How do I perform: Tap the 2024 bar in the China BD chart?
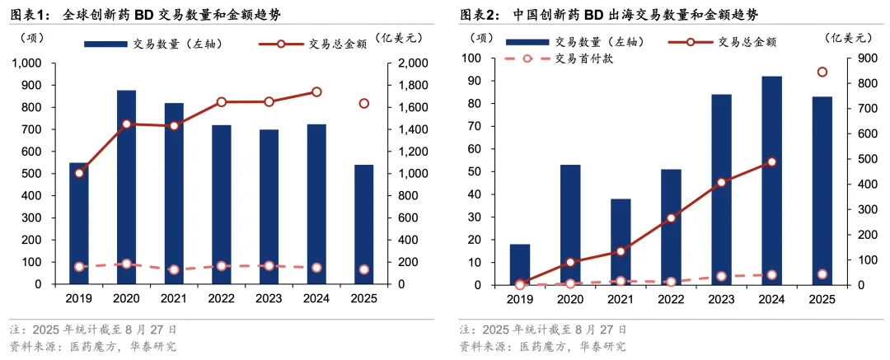pos(771,180)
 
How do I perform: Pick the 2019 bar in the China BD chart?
pos(520,264)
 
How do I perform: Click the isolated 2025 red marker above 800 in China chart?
pos(822,72)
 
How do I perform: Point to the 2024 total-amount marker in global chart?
pos(316,92)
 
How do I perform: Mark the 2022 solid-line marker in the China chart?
pos(671,218)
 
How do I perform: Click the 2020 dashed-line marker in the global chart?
pos(126,264)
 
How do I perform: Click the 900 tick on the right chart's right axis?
pos(857,58)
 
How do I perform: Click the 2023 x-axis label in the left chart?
pos(269,298)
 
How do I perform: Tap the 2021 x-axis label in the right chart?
pos(621,300)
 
